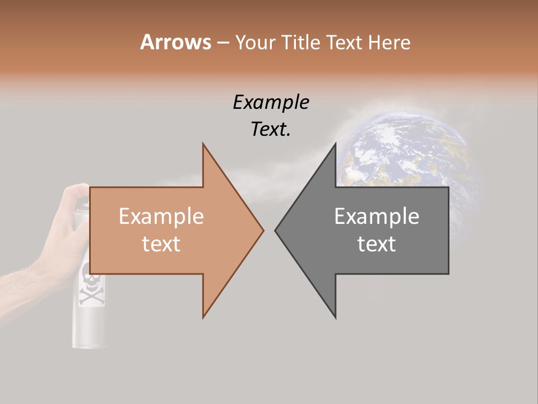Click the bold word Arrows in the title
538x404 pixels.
pos(175,42)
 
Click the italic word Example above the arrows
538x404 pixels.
pos(271,102)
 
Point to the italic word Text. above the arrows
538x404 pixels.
pos(271,129)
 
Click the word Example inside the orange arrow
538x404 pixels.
pos(161,216)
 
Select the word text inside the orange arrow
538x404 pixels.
pos(161,244)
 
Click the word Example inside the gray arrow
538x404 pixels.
pos(377,216)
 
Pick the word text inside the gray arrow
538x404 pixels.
pos(377,244)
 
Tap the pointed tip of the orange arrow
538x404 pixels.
pos(262,230)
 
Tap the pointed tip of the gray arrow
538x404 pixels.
pos(276,230)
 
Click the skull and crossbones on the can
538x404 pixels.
pos(91,286)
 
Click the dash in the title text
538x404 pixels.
pos(223,43)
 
